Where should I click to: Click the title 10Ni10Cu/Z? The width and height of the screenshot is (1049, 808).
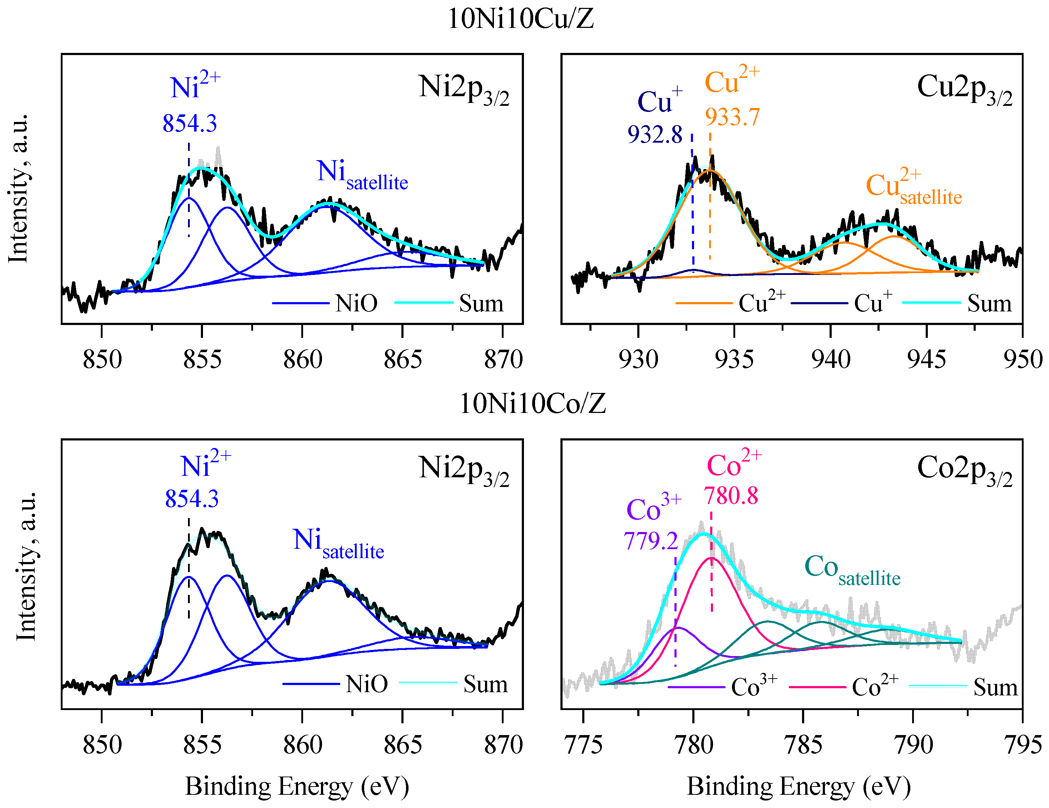pyautogui.click(x=521, y=19)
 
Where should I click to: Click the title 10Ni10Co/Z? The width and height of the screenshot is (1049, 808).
pyautogui.click(x=532, y=404)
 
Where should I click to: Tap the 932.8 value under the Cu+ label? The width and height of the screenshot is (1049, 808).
pyautogui.click(x=655, y=134)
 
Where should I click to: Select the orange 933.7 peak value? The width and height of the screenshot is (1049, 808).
pyautogui.click(x=732, y=117)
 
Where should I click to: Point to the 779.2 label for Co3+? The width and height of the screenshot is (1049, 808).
pyautogui.click(x=650, y=541)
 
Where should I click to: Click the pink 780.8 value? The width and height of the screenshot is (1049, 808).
pyautogui.click(x=731, y=496)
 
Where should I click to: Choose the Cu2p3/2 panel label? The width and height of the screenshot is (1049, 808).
pyautogui.click(x=964, y=89)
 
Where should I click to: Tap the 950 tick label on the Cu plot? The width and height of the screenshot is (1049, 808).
pyautogui.click(x=1022, y=359)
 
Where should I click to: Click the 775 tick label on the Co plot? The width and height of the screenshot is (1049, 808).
pyautogui.click(x=583, y=745)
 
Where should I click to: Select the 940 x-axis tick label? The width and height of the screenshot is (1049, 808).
pyautogui.click(x=831, y=359)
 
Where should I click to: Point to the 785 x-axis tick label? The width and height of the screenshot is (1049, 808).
pyautogui.click(x=803, y=745)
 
